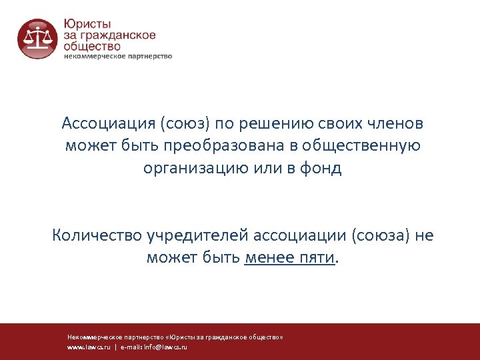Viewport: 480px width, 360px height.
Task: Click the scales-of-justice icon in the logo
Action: pos(37,38)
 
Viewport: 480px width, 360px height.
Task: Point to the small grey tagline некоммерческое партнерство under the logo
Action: pos(118,57)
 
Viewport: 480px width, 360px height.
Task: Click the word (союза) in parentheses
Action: pos(378,235)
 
